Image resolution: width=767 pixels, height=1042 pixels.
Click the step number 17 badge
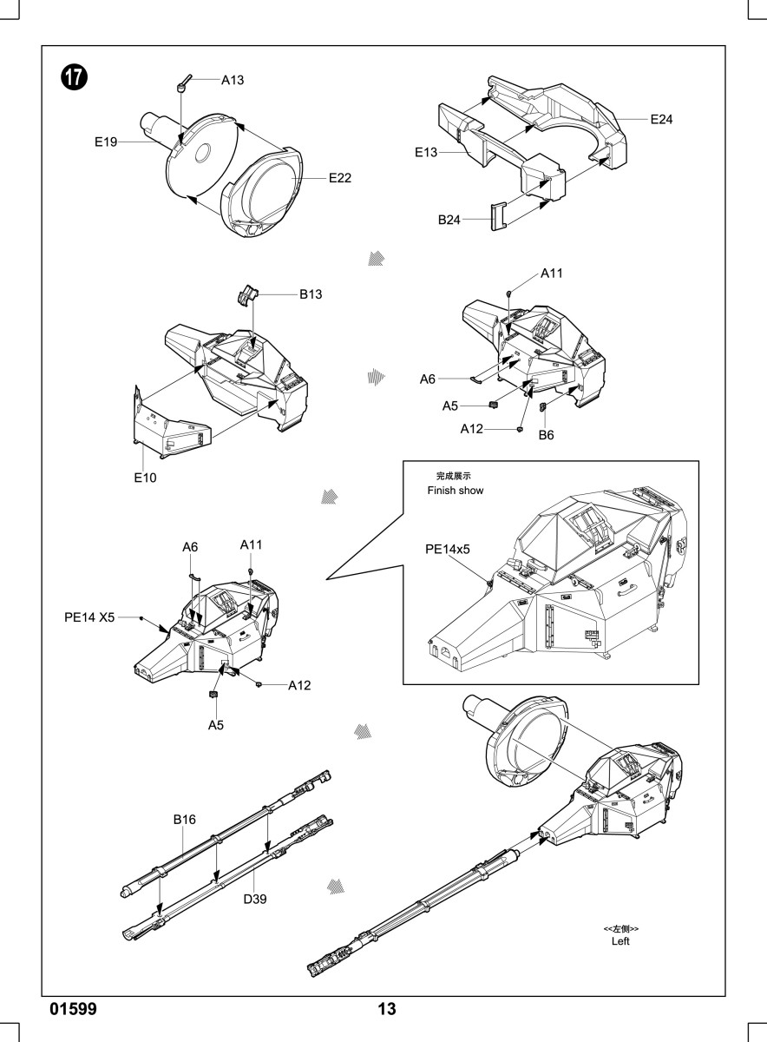74,77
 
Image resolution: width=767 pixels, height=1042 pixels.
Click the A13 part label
233,81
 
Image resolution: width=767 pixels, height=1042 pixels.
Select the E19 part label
106,142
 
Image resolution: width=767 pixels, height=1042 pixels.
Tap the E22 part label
340,178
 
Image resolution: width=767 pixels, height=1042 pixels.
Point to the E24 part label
661,120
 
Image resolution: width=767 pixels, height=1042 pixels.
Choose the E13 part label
426,152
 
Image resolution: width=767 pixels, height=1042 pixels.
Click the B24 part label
449,220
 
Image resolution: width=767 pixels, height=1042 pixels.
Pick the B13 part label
311,294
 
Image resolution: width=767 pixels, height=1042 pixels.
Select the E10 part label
145,478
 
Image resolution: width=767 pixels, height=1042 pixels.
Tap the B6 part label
547,435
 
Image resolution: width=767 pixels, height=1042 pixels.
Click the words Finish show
456,491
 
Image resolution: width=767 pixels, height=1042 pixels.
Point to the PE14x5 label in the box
447,550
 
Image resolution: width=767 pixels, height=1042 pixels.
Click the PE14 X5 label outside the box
89,617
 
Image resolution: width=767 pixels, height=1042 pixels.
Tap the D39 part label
255,899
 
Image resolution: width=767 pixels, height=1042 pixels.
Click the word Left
620,941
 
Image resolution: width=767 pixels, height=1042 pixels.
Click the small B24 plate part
498,216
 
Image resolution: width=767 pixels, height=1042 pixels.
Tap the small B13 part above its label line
248,295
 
